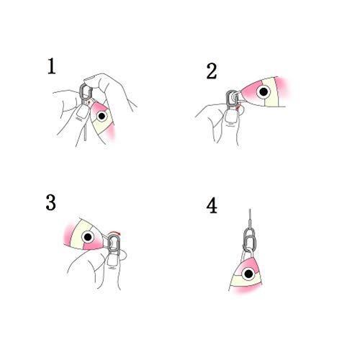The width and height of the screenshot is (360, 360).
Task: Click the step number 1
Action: [52, 66]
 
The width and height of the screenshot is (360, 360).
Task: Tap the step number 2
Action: [212, 71]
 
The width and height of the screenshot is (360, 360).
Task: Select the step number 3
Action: [51, 203]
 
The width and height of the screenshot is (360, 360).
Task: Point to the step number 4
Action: [212, 206]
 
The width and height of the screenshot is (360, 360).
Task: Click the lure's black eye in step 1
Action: [102, 116]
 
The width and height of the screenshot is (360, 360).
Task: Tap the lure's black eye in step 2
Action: [264, 91]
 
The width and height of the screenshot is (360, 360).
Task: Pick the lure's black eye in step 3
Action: [88, 237]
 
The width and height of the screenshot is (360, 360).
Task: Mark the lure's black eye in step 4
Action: [248, 274]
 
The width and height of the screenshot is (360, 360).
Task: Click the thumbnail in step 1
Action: [82, 113]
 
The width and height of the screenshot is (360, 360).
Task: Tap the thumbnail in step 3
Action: [112, 261]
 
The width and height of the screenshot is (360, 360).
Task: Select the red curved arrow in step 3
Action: [114, 233]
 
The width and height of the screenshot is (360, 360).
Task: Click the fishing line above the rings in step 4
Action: [250, 218]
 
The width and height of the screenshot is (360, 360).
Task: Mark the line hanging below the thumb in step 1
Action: [85, 132]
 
